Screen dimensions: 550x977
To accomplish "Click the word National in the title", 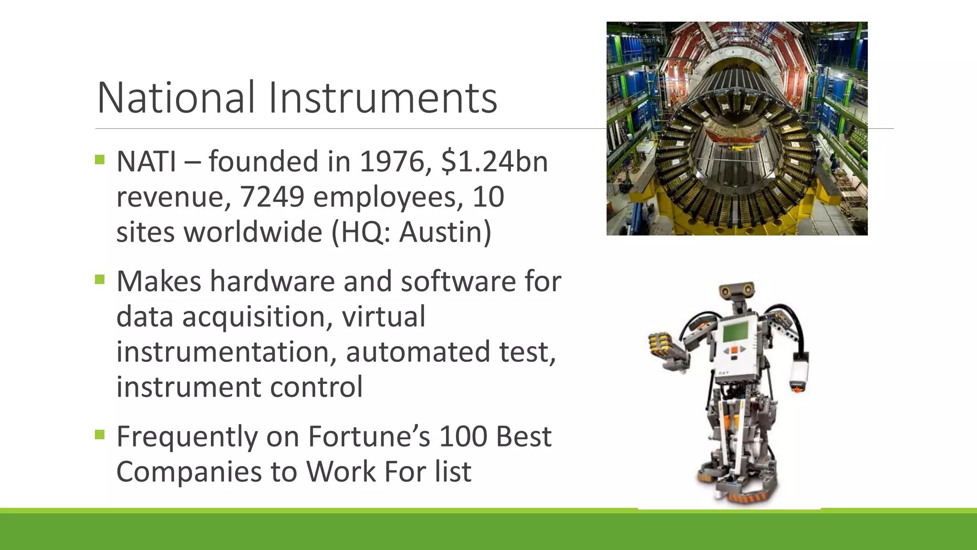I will point(176,98).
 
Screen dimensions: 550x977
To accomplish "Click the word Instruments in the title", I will point(383,98).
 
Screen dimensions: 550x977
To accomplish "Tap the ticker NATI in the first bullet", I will point(146,161).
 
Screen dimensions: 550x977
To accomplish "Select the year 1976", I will point(391,161).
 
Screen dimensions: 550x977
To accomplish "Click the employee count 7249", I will point(271,197).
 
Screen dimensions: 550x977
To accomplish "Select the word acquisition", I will point(257,317).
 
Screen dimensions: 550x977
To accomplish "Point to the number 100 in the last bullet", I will point(463,436).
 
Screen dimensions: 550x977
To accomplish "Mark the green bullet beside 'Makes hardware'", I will point(100,279).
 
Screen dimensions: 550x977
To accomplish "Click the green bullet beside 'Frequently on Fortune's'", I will point(100,434).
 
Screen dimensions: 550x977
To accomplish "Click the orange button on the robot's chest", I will point(734,350).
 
